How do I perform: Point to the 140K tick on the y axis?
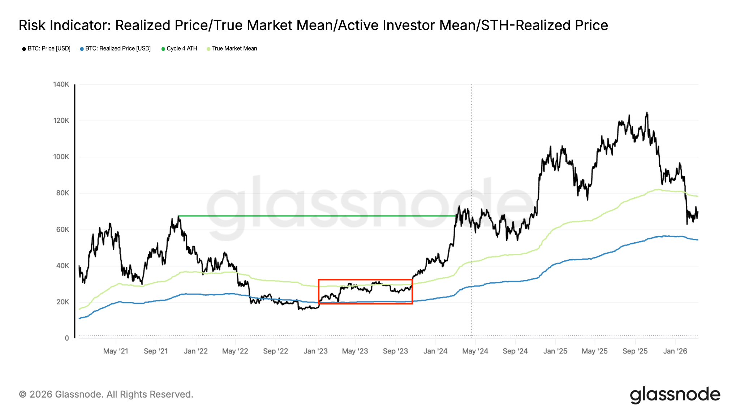coord(61,84)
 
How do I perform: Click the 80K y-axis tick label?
coord(62,193)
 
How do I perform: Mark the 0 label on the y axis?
coord(67,338)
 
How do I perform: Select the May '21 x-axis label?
coord(116,351)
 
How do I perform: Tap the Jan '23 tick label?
coord(315,351)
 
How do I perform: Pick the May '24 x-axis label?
coord(475,351)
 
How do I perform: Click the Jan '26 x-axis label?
coord(675,351)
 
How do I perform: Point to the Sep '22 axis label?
coord(275,351)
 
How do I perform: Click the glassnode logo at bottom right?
coord(675,395)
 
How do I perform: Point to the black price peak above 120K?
coord(647,113)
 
